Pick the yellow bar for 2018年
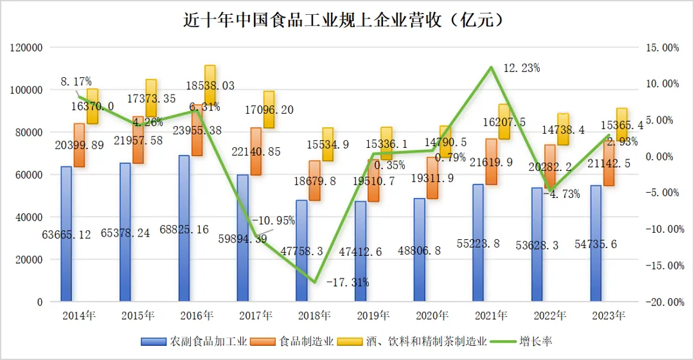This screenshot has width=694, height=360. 328,145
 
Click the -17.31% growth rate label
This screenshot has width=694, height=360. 347,282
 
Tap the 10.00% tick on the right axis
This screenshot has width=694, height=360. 662,84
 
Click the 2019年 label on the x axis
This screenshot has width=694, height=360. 373,316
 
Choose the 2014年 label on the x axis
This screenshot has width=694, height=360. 78,316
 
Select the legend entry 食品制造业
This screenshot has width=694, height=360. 305,341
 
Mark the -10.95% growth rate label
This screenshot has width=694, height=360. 273,221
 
